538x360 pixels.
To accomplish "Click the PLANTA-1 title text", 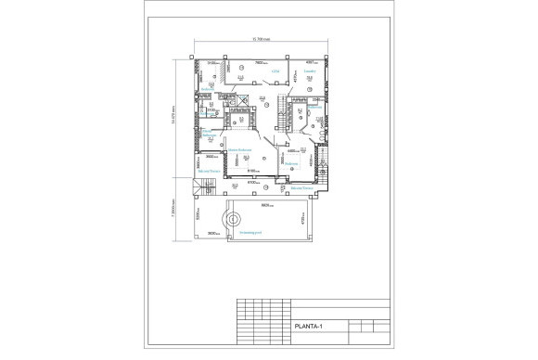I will click(x=307, y=327).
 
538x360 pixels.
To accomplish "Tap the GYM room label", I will click(x=275, y=71).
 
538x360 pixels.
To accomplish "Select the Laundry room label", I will click(x=311, y=71).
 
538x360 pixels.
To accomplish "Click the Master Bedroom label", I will click(x=241, y=150).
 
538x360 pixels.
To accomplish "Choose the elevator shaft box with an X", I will click(x=243, y=103).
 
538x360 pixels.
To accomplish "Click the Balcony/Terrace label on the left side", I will click(x=209, y=172).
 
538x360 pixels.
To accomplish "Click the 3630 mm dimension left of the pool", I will click(x=212, y=233).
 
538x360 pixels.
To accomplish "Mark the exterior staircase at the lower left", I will click(x=198, y=190).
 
